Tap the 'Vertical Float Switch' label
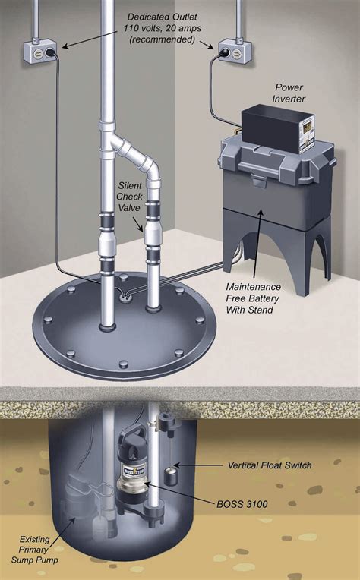tap(270, 464)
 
